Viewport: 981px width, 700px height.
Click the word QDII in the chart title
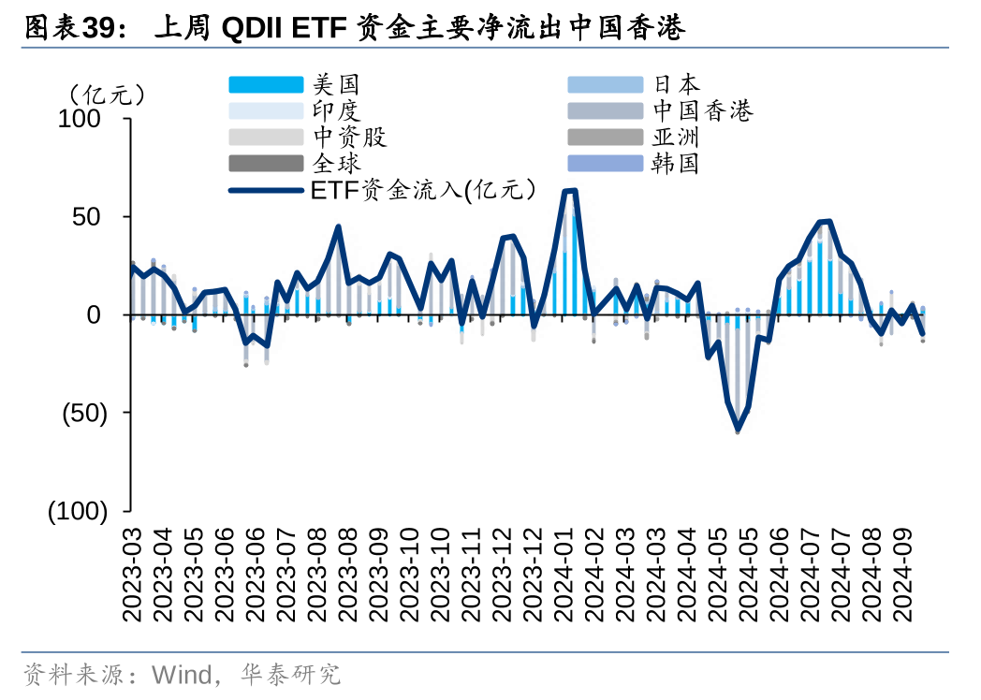click(253, 28)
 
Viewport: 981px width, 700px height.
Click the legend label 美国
click(337, 85)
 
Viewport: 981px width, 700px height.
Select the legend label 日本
click(677, 85)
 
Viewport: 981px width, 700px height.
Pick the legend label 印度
click(337, 111)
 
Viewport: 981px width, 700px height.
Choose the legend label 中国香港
click(703, 111)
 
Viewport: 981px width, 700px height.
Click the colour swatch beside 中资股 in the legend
click(266, 138)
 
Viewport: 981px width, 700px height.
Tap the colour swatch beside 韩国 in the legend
click(605, 164)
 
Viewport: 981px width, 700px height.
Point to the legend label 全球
click(337, 164)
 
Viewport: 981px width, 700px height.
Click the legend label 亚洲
click(677, 138)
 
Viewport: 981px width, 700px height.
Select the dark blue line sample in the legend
click(266, 190)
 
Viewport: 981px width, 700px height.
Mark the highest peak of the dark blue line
click(569, 191)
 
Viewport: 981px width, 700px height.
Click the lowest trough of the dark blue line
click(738, 430)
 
